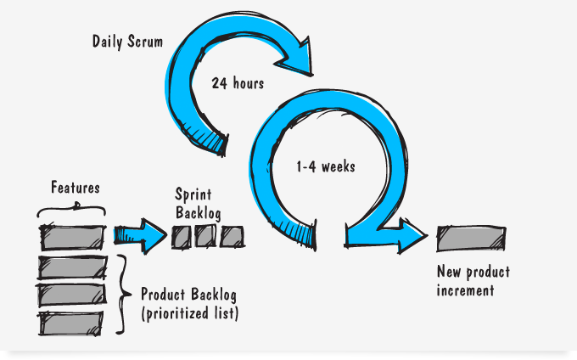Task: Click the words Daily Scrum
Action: click(x=127, y=42)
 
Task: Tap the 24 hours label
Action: click(x=238, y=83)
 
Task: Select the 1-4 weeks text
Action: click(x=326, y=166)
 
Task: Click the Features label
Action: click(x=76, y=188)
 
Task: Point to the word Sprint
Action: click(x=193, y=194)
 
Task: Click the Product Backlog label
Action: click(x=188, y=295)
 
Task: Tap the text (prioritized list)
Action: click(x=190, y=313)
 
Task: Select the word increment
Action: click(x=465, y=290)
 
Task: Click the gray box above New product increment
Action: click(x=471, y=239)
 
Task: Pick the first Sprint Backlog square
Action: click(x=181, y=237)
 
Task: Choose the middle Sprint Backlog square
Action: click(x=205, y=235)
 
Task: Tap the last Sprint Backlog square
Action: click(x=232, y=237)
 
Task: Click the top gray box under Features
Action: click(x=72, y=238)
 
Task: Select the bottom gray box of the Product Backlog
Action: click(x=70, y=323)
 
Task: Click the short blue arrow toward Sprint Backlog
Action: click(x=140, y=236)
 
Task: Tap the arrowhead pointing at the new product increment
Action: click(x=412, y=235)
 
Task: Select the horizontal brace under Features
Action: click(x=72, y=209)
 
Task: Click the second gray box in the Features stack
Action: click(x=72, y=267)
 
